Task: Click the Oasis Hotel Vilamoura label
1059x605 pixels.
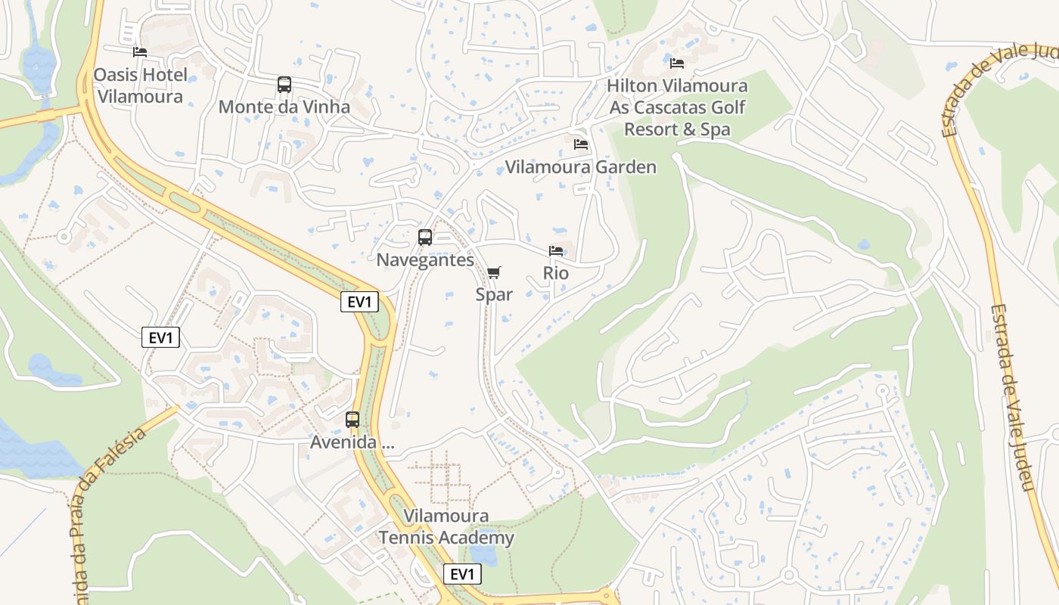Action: (140, 85)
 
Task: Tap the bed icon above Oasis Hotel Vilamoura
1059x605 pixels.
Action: (140, 52)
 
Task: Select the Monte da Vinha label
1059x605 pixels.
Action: (284, 107)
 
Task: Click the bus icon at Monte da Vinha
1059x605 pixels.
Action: (284, 85)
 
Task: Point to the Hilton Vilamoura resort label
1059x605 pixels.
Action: (678, 107)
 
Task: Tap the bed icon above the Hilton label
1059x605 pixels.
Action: (677, 64)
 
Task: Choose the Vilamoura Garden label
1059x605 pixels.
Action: (580, 166)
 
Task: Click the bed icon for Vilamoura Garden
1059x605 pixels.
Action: (581, 144)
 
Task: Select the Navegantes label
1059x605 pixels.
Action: (425, 259)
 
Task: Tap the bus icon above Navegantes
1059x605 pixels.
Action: (425, 237)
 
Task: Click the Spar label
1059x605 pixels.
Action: (494, 294)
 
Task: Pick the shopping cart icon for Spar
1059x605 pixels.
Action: (494, 272)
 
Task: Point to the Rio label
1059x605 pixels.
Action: (556, 272)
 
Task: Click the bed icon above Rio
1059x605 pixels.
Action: (556, 250)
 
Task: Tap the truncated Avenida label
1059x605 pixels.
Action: (352, 442)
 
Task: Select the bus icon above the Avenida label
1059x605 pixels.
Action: (352, 420)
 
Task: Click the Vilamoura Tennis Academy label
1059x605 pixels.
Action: (446, 527)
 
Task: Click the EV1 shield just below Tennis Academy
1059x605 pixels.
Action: (461, 574)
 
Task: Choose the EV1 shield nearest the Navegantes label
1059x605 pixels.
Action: (359, 302)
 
